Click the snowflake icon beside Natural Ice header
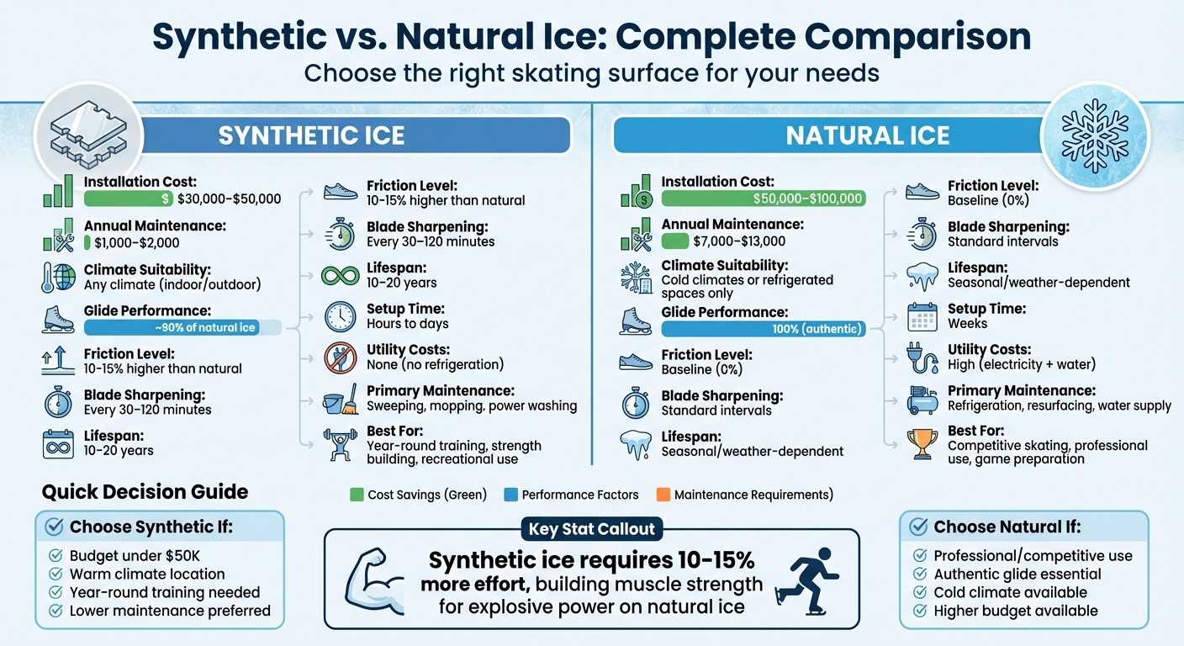point(1095,133)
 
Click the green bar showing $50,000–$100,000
point(764,199)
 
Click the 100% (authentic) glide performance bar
point(764,329)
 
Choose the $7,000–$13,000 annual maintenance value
point(740,241)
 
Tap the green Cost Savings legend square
point(357,495)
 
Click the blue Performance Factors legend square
point(510,495)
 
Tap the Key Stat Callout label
point(592,530)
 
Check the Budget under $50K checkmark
point(56,555)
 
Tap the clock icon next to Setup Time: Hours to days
point(341,316)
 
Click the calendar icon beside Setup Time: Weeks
point(922,317)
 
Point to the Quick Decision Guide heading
point(145,492)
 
